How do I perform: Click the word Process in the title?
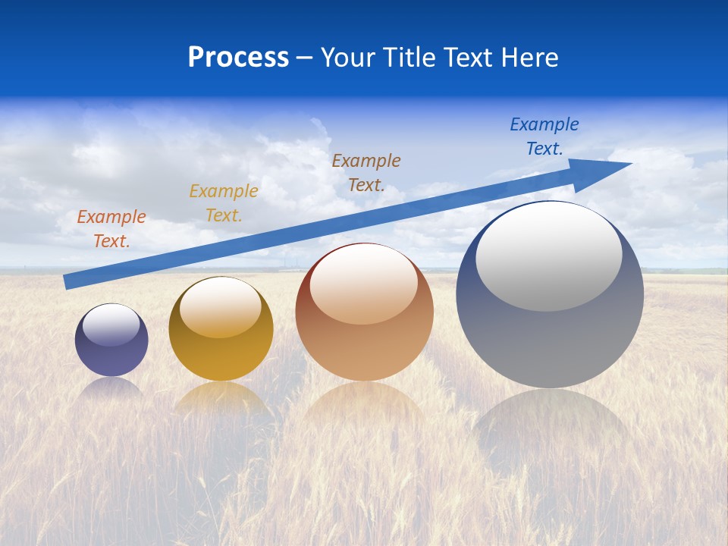[x=238, y=58]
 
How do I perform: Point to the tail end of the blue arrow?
[x=67, y=282]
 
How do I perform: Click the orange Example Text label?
[x=111, y=228]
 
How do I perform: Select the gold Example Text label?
[x=224, y=202]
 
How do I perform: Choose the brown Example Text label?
[x=366, y=172]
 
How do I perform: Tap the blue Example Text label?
[x=544, y=136]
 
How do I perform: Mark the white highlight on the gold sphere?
[x=221, y=307]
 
